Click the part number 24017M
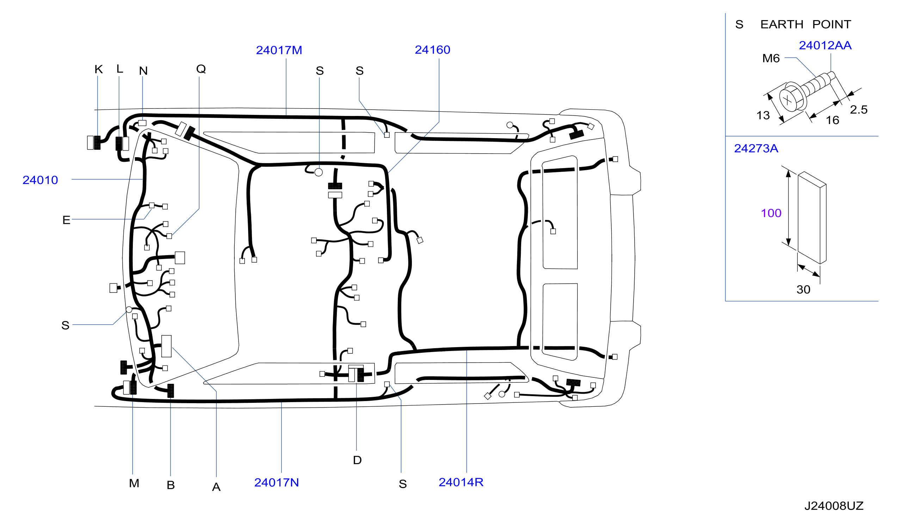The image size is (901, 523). tap(279, 50)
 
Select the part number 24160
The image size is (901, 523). tap(432, 50)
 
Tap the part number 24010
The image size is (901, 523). tap(40, 180)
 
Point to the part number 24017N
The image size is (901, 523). tap(276, 482)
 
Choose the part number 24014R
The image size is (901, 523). tap(461, 482)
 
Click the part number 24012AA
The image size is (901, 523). tap(825, 45)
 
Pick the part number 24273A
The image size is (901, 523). tap(756, 148)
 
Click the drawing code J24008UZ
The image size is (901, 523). tap(834, 506)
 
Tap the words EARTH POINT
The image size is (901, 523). tap(806, 24)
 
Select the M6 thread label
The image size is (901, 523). tap(771, 58)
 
